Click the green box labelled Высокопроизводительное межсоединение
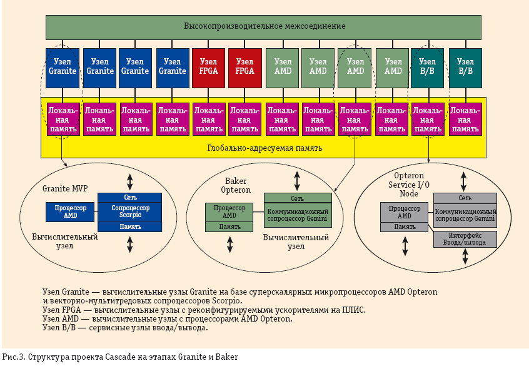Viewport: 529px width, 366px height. click(x=263, y=26)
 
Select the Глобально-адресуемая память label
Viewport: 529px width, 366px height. click(x=264, y=148)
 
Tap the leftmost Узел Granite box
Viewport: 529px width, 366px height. click(x=63, y=66)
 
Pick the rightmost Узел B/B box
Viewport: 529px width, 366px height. click(x=465, y=66)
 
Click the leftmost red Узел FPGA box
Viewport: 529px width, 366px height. click(x=208, y=66)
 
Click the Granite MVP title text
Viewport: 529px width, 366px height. click(x=64, y=188)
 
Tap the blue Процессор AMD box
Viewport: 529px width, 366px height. click(x=70, y=211)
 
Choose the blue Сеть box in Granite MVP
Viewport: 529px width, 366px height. click(x=130, y=197)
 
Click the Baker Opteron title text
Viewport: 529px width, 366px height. click(x=236, y=185)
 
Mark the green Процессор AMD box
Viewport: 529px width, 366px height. click(x=229, y=211)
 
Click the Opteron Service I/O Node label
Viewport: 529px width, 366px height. click(x=410, y=185)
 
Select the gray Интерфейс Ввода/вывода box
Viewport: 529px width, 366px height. click(x=465, y=238)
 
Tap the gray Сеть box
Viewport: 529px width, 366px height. click(x=465, y=198)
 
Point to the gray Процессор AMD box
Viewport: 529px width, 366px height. click(x=405, y=211)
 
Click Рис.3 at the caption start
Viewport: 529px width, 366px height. click(x=13, y=358)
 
